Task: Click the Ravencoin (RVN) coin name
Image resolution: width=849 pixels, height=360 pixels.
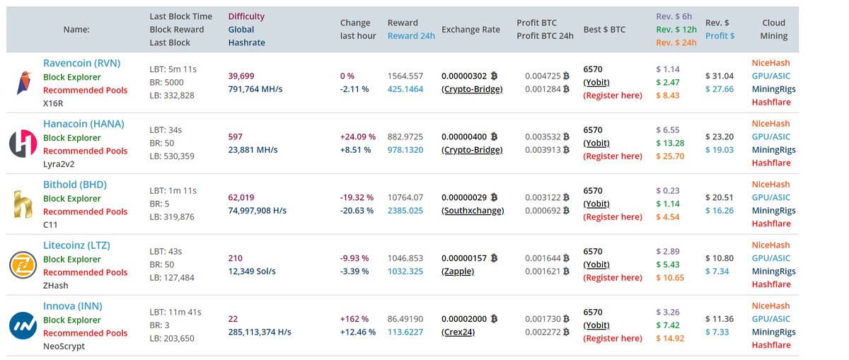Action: [81, 63]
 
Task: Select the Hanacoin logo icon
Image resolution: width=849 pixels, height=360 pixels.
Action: [23, 144]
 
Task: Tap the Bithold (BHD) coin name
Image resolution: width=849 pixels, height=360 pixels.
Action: [75, 185]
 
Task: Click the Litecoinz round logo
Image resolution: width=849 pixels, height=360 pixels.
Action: [23, 265]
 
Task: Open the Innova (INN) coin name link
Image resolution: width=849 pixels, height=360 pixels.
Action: [72, 306]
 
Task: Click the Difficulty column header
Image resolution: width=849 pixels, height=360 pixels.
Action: [246, 16]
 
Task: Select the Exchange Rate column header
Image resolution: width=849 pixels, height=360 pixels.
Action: [470, 30]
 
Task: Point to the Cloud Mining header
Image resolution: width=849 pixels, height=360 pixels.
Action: [774, 29]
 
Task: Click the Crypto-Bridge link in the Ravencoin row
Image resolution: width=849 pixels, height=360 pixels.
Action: [472, 89]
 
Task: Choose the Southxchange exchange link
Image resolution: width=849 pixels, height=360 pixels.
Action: [473, 211]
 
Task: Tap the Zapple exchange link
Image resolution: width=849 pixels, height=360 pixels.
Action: [458, 272]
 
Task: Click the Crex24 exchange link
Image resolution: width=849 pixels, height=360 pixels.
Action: [458, 332]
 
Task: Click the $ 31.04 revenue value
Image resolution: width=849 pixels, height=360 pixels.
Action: [720, 76]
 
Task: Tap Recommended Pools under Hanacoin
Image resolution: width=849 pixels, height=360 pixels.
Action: [85, 151]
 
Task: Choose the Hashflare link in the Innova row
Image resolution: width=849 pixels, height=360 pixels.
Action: [771, 345]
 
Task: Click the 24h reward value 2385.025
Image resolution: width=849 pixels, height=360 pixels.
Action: [405, 211]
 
